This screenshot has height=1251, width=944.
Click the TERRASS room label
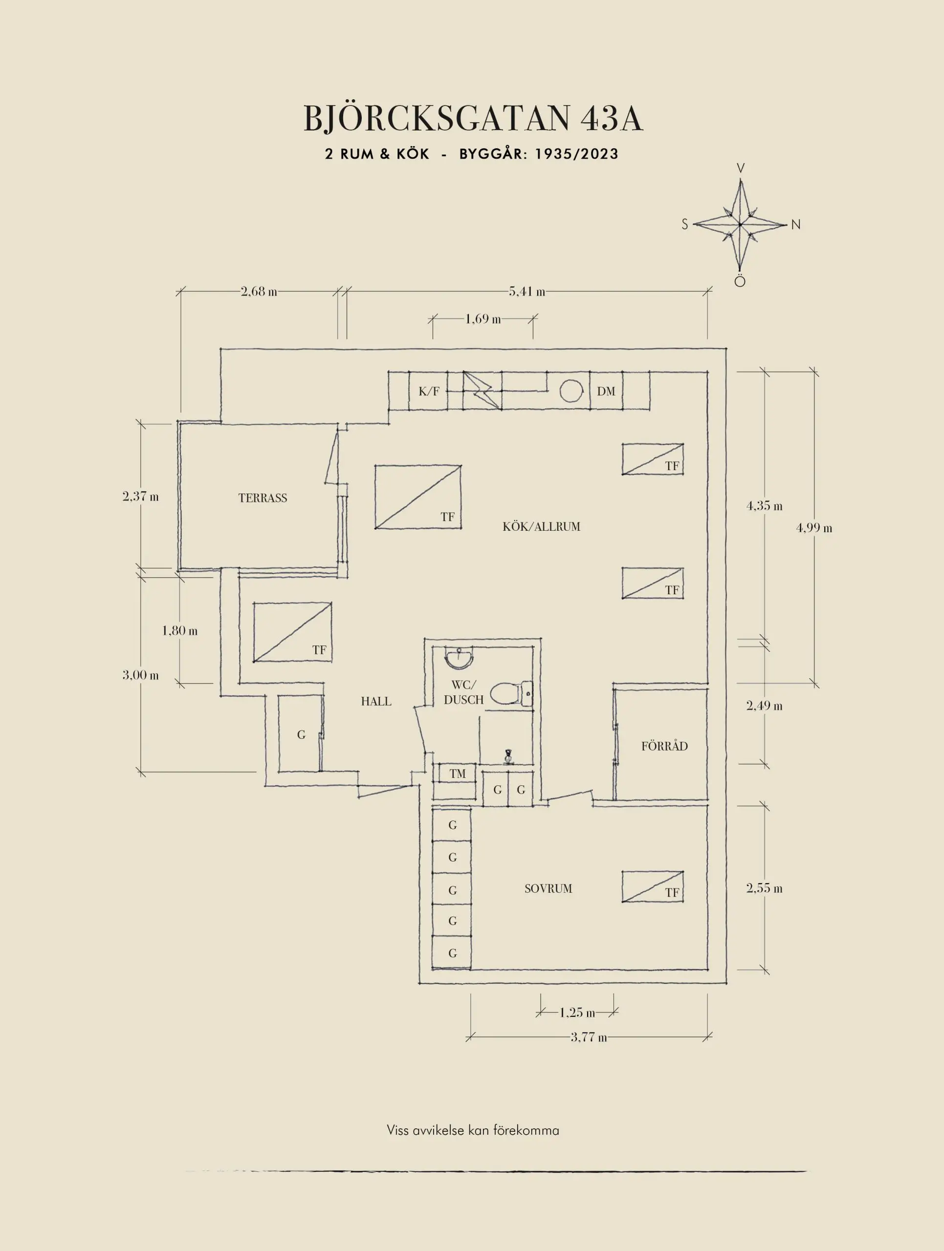click(263, 497)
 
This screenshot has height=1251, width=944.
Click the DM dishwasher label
click(606, 391)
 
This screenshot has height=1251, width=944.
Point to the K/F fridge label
click(428, 391)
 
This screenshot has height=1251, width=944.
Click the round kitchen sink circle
click(571, 391)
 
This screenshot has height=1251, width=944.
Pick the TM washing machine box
click(458, 774)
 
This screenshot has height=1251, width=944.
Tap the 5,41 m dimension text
click(527, 292)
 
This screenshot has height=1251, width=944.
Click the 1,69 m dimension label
click(483, 319)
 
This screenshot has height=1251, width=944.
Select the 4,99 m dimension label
click(814, 528)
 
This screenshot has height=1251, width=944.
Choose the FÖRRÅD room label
click(664, 746)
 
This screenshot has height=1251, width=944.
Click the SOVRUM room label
click(548, 888)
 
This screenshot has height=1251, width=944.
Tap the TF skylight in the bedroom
click(653, 886)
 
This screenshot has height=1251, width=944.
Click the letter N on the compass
click(796, 224)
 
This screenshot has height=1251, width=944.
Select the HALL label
click(376, 701)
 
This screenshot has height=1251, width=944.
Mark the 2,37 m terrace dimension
click(140, 496)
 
